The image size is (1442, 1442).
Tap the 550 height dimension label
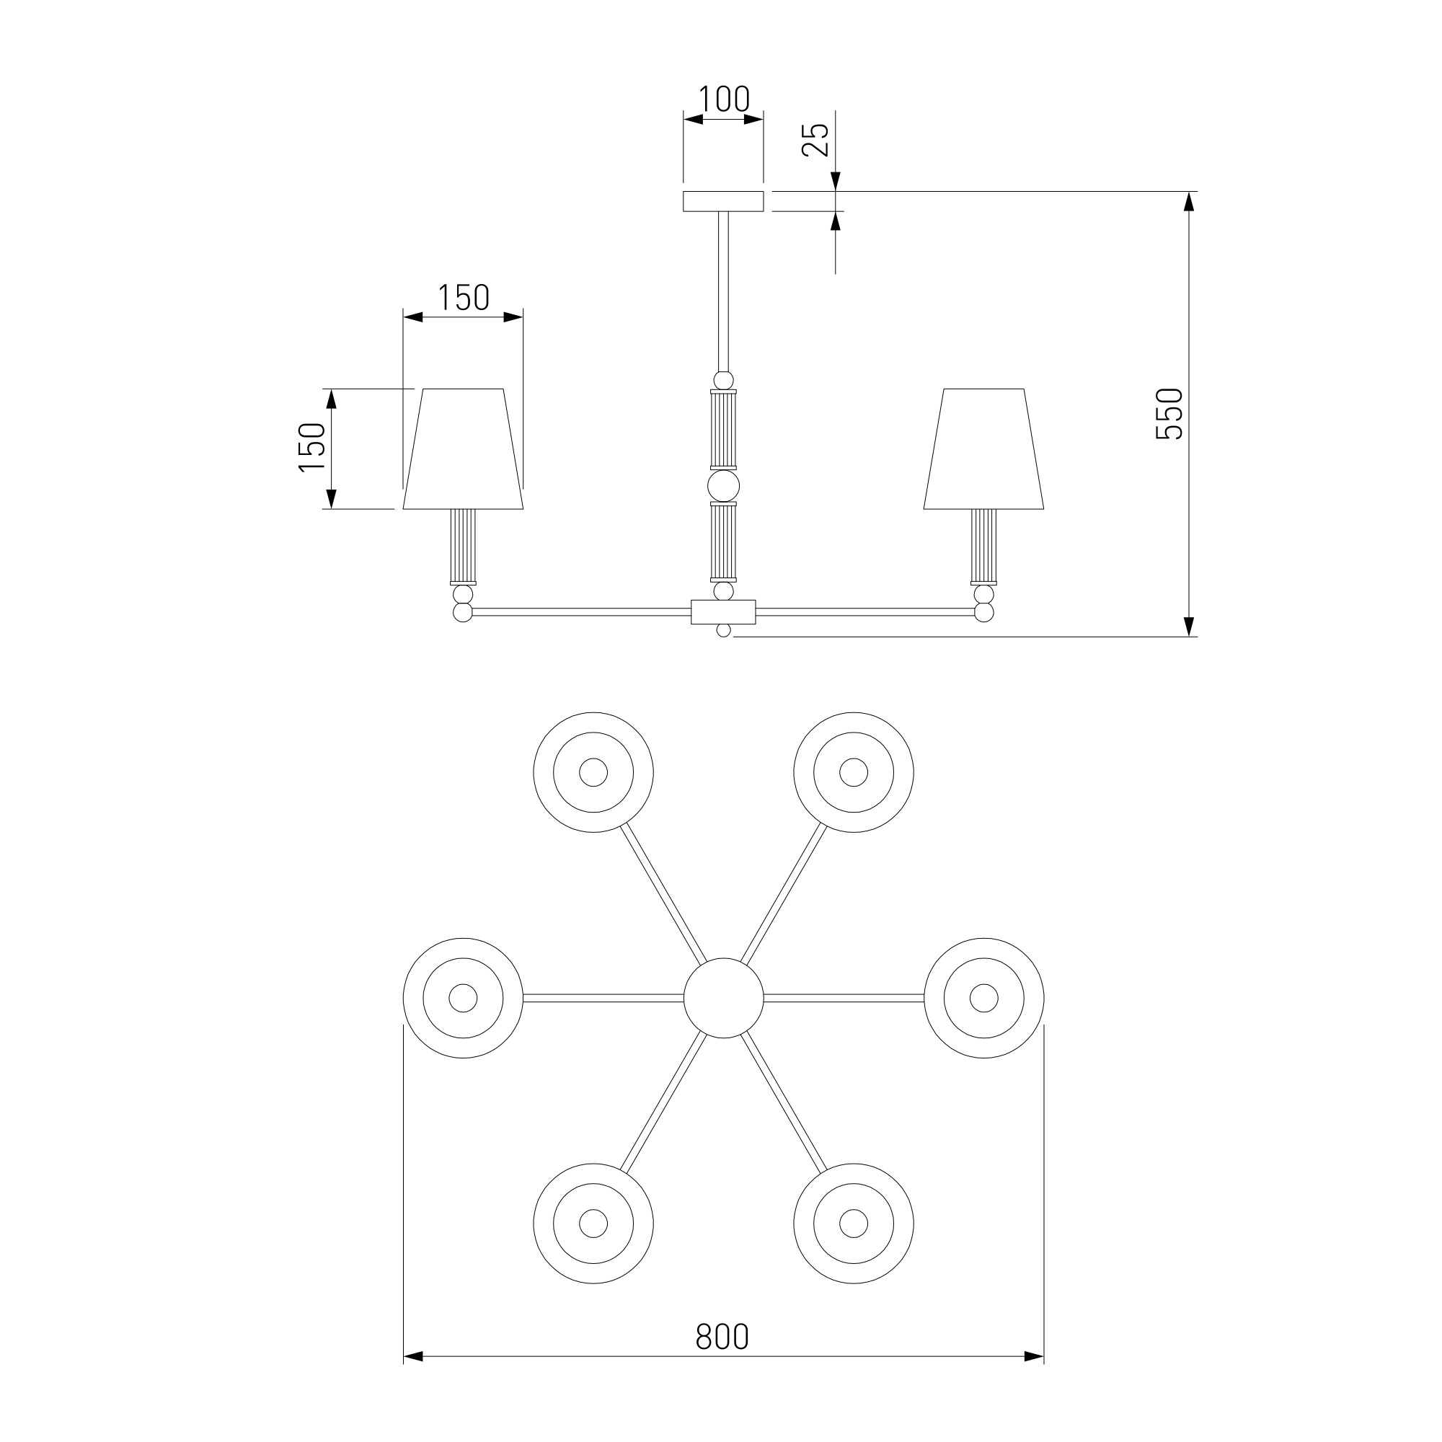pyautogui.click(x=1169, y=415)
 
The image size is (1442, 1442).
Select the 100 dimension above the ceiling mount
pyautogui.click(x=724, y=99)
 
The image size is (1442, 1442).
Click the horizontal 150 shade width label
pyautogui.click(x=463, y=298)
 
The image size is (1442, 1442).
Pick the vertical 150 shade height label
pyautogui.click(x=313, y=447)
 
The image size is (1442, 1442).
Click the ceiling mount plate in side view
pyautogui.click(x=723, y=202)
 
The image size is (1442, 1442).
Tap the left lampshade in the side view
pyautogui.click(x=463, y=448)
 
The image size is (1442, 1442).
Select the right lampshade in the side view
pyautogui.click(x=983, y=448)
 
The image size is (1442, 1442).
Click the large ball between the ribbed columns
pyautogui.click(x=723, y=486)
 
